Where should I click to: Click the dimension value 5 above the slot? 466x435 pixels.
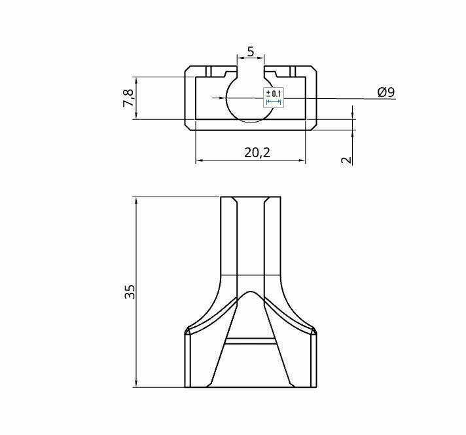[x=251, y=51]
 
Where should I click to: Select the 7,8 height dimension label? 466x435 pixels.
[x=129, y=98]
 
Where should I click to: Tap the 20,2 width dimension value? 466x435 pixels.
[x=257, y=152]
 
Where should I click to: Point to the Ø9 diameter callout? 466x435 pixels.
[x=386, y=92]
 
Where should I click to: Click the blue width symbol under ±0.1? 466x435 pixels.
[x=274, y=102]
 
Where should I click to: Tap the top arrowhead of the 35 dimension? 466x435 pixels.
[x=135, y=200]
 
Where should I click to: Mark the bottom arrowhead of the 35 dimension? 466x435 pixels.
[x=135, y=383]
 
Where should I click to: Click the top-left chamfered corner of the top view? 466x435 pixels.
[x=188, y=70]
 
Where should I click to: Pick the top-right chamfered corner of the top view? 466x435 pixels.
[x=313, y=70]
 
